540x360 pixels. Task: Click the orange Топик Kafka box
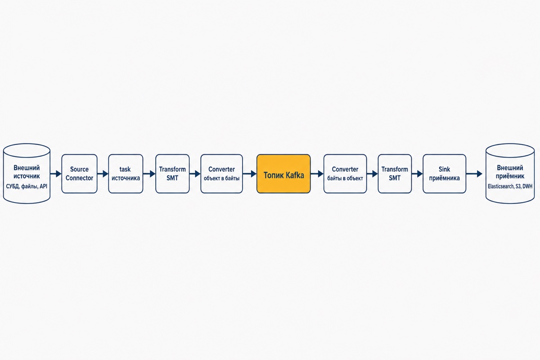coord(283,174)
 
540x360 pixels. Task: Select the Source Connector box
coord(79,174)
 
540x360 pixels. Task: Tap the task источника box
coord(126,174)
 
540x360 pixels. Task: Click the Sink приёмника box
coord(444,174)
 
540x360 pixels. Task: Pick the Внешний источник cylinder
coord(27,174)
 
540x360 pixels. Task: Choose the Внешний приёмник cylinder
coord(510,174)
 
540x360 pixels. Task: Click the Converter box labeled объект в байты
coord(221,174)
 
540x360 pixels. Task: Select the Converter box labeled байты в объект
coord(345,174)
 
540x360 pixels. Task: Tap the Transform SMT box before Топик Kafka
coord(172,174)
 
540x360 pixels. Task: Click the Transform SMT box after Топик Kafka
coord(395,174)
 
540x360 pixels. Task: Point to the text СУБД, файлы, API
coord(27,186)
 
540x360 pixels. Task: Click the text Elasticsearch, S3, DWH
coord(510,186)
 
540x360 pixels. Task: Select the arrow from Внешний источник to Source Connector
coord(56,174)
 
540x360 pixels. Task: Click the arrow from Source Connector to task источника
coord(103,174)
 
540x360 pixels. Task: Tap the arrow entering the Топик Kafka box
coord(250,174)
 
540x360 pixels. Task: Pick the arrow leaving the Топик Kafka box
coord(317,174)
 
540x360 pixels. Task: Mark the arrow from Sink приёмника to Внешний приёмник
coord(474,174)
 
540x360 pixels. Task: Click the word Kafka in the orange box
coord(295,175)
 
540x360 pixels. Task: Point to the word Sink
coord(444,169)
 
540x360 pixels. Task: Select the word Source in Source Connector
coord(79,169)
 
